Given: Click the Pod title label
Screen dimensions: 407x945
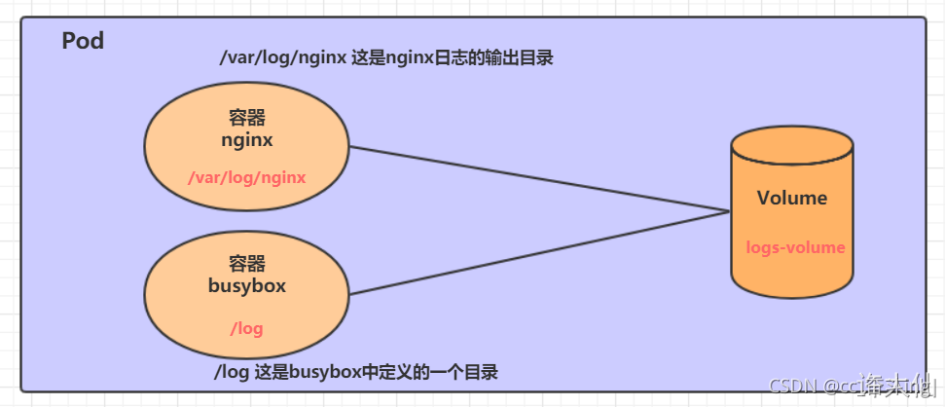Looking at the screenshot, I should click(x=83, y=42).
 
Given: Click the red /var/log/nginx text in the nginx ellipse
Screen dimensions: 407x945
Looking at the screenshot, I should click(x=247, y=177).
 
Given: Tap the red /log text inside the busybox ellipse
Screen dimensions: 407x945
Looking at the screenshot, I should click(x=246, y=328).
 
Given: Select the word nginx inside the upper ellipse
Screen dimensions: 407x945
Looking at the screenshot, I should click(x=246, y=139).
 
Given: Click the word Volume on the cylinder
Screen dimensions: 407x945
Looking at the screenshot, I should click(x=791, y=199).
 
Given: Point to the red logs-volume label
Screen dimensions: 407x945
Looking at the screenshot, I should click(x=795, y=247).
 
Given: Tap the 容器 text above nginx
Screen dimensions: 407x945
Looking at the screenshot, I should click(x=246, y=119).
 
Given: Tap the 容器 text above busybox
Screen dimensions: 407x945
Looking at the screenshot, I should click(x=246, y=265).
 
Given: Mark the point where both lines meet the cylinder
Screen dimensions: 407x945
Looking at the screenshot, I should click(x=730, y=211).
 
